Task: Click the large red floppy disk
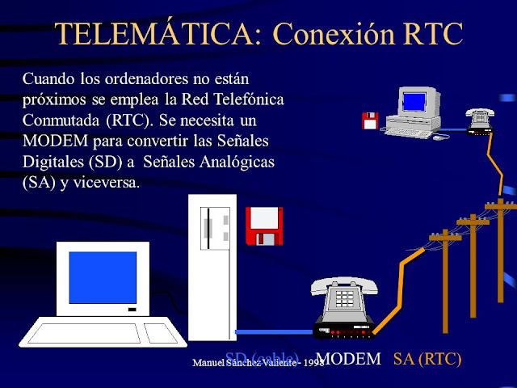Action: click(x=263, y=226)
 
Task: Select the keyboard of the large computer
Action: click(x=97, y=332)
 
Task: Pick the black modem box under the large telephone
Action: click(x=344, y=330)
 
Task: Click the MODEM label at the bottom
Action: click(x=349, y=360)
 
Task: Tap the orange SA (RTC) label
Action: click(x=427, y=360)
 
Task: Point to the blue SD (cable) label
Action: click(x=263, y=358)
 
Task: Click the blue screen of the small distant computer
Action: click(x=413, y=101)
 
